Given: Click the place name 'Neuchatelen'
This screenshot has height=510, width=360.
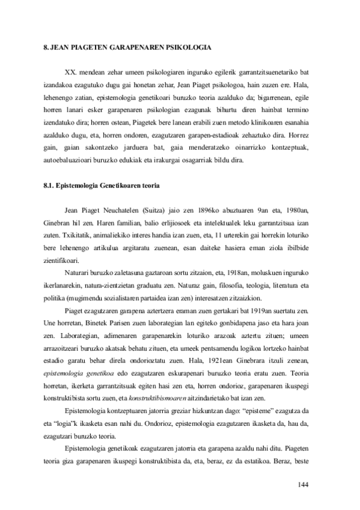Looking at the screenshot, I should [126, 209].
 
